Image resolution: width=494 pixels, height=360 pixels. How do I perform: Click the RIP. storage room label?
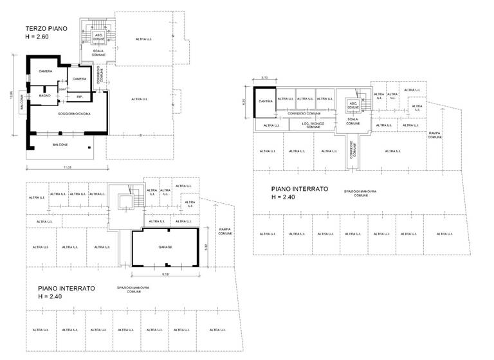(x=80, y=97)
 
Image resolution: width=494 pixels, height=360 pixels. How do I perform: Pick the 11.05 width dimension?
(x=66, y=167)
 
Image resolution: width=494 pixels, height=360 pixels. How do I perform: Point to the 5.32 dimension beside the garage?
(x=206, y=247)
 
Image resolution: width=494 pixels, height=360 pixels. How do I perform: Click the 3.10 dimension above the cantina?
(x=264, y=78)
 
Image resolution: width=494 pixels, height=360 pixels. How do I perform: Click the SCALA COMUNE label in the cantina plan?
(x=353, y=121)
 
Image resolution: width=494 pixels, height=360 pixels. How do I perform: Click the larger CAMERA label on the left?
(x=44, y=71)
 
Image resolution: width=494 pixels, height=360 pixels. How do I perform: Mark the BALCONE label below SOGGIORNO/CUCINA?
(x=60, y=145)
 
